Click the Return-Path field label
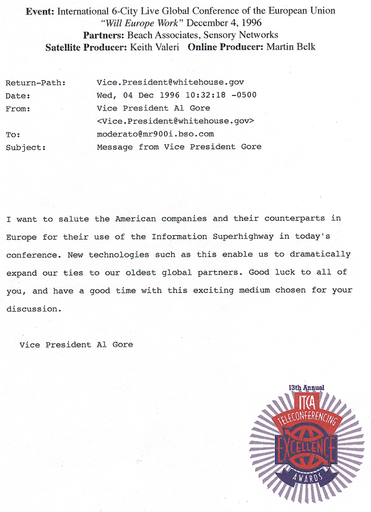pyautogui.click(x=36, y=83)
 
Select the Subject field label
pyautogui.click(x=26, y=147)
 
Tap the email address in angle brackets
pyautogui.click(x=175, y=121)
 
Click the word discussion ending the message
pyautogui.click(x=34, y=310)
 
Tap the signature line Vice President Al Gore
pyautogui.click(x=76, y=345)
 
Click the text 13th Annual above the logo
pyautogui.click(x=306, y=388)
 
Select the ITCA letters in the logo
pyautogui.click(x=306, y=402)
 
